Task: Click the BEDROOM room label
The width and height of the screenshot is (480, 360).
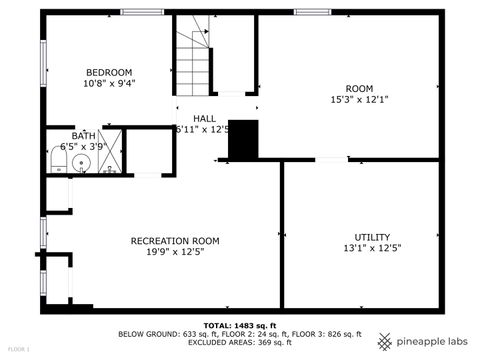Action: [109, 72]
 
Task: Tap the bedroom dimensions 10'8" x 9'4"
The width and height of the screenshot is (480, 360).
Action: [109, 84]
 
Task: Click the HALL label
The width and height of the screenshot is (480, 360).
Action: [204, 118]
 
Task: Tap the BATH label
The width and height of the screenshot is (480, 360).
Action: [83, 136]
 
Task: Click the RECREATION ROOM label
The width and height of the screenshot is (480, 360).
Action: [175, 241]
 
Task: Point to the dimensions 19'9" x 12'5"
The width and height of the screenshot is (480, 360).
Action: [175, 253]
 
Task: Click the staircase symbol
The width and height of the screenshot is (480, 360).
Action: [193, 56]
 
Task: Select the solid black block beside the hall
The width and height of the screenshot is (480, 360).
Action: [243, 140]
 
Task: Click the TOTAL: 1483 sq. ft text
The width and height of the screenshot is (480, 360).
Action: [240, 326]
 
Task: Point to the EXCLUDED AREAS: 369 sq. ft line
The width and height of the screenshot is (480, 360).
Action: [240, 343]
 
